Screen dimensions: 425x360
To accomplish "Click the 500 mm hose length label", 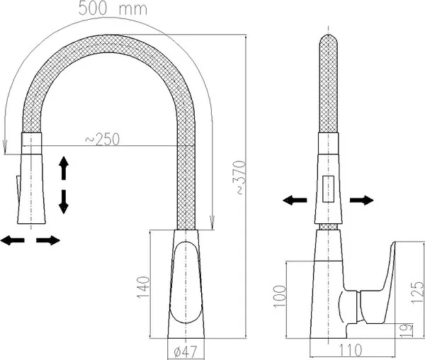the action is coord(113,9).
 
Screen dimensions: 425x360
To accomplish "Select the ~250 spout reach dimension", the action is coord(102,140).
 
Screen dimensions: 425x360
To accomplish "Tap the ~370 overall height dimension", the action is coord(240,178).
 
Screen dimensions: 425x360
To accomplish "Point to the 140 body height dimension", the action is coord(143,287).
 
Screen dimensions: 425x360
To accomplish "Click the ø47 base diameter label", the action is coord(186,351).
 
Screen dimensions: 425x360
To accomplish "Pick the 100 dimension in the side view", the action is coord(280,296).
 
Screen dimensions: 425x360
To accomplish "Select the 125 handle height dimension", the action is coord(417,292).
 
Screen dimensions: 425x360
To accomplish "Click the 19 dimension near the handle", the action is coord(407,331).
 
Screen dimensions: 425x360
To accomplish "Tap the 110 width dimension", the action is coord(350,350).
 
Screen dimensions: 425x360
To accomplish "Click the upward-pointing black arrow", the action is coord(64,168).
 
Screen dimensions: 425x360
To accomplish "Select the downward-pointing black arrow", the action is coord(64,202).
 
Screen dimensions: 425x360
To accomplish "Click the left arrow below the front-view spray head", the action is coord(13,240).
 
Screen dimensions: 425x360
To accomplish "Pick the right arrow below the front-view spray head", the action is coord(48,240).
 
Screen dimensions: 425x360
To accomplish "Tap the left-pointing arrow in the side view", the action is coord(295,201).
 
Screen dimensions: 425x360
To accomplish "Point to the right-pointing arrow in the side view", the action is coord(361,201).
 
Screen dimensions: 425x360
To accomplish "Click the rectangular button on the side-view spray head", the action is coord(328,189).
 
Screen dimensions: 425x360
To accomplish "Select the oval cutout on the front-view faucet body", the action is coord(186,282).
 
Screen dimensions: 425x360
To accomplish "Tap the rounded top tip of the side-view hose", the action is coord(329,38).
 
